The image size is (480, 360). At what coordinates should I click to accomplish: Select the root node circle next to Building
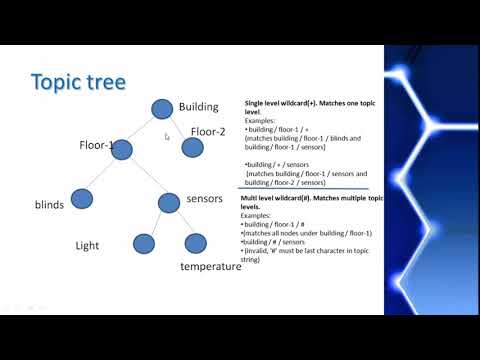[x=162, y=108]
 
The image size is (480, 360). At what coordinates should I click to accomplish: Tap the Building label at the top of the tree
[x=205, y=107]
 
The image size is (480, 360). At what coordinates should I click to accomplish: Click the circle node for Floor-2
[x=193, y=148]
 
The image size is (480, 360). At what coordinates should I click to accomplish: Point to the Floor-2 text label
[x=208, y=131]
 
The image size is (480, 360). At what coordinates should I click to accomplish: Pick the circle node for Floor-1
[x=124, y=148]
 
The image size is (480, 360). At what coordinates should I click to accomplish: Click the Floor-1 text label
[x=96, y=146]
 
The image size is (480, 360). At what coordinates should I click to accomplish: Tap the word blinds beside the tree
[x=49, y=205]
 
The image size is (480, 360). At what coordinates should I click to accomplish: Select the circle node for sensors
[x=168, y=202]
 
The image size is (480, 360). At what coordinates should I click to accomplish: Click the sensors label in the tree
[x=204, y=199]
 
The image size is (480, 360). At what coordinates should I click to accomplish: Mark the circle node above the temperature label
[x=195, y=242]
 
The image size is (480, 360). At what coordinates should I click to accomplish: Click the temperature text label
[x=210, y=267]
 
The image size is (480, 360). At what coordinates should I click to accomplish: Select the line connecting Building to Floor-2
[x=178, y=128]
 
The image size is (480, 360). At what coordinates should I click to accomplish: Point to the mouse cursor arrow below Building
[x=167, y=136]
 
